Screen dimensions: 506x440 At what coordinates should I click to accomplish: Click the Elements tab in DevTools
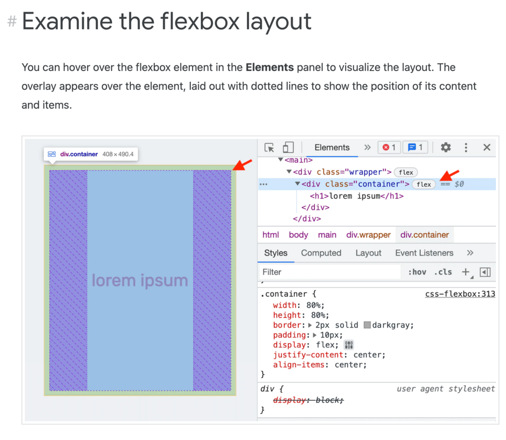click(x=332, y=147)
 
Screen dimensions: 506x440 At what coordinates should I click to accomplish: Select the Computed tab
click(x=321, y=253)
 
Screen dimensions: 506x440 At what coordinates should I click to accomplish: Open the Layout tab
click(x=368, y=253)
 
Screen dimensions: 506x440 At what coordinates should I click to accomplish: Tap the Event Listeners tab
click(x=424, y=253)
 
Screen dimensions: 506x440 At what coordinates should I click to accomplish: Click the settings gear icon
click(x=446, y=147)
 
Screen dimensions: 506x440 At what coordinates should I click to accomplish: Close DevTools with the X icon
click(x=487, y=147)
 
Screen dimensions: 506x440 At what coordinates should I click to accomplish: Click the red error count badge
click(x=389, y=147)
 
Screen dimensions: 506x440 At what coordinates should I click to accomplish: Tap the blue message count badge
click(x=415, y=147)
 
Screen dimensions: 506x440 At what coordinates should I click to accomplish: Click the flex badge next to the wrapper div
click(x=406, y=172)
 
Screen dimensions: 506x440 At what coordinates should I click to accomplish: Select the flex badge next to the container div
click(x=424, y=184)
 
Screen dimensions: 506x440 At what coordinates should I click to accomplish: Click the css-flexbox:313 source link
click(x=460, y=294)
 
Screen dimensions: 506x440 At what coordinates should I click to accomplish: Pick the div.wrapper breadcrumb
click(x=368, y=235)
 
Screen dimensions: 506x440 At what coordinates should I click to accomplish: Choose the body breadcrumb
click(x=298, y=235)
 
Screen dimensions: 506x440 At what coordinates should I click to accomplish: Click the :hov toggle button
click(x=417, y=272)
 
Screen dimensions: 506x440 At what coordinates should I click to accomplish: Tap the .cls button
click(x=443, y=272)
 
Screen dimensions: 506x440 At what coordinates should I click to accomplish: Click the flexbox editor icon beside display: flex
click(x=349, y=345)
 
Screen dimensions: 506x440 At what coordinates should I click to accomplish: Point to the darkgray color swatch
click(x=367, y=325)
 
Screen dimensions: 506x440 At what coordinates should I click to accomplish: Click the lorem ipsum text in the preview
click(x=140, y=280)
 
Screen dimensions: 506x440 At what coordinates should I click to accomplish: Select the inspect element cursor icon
click(x=269, y=147)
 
